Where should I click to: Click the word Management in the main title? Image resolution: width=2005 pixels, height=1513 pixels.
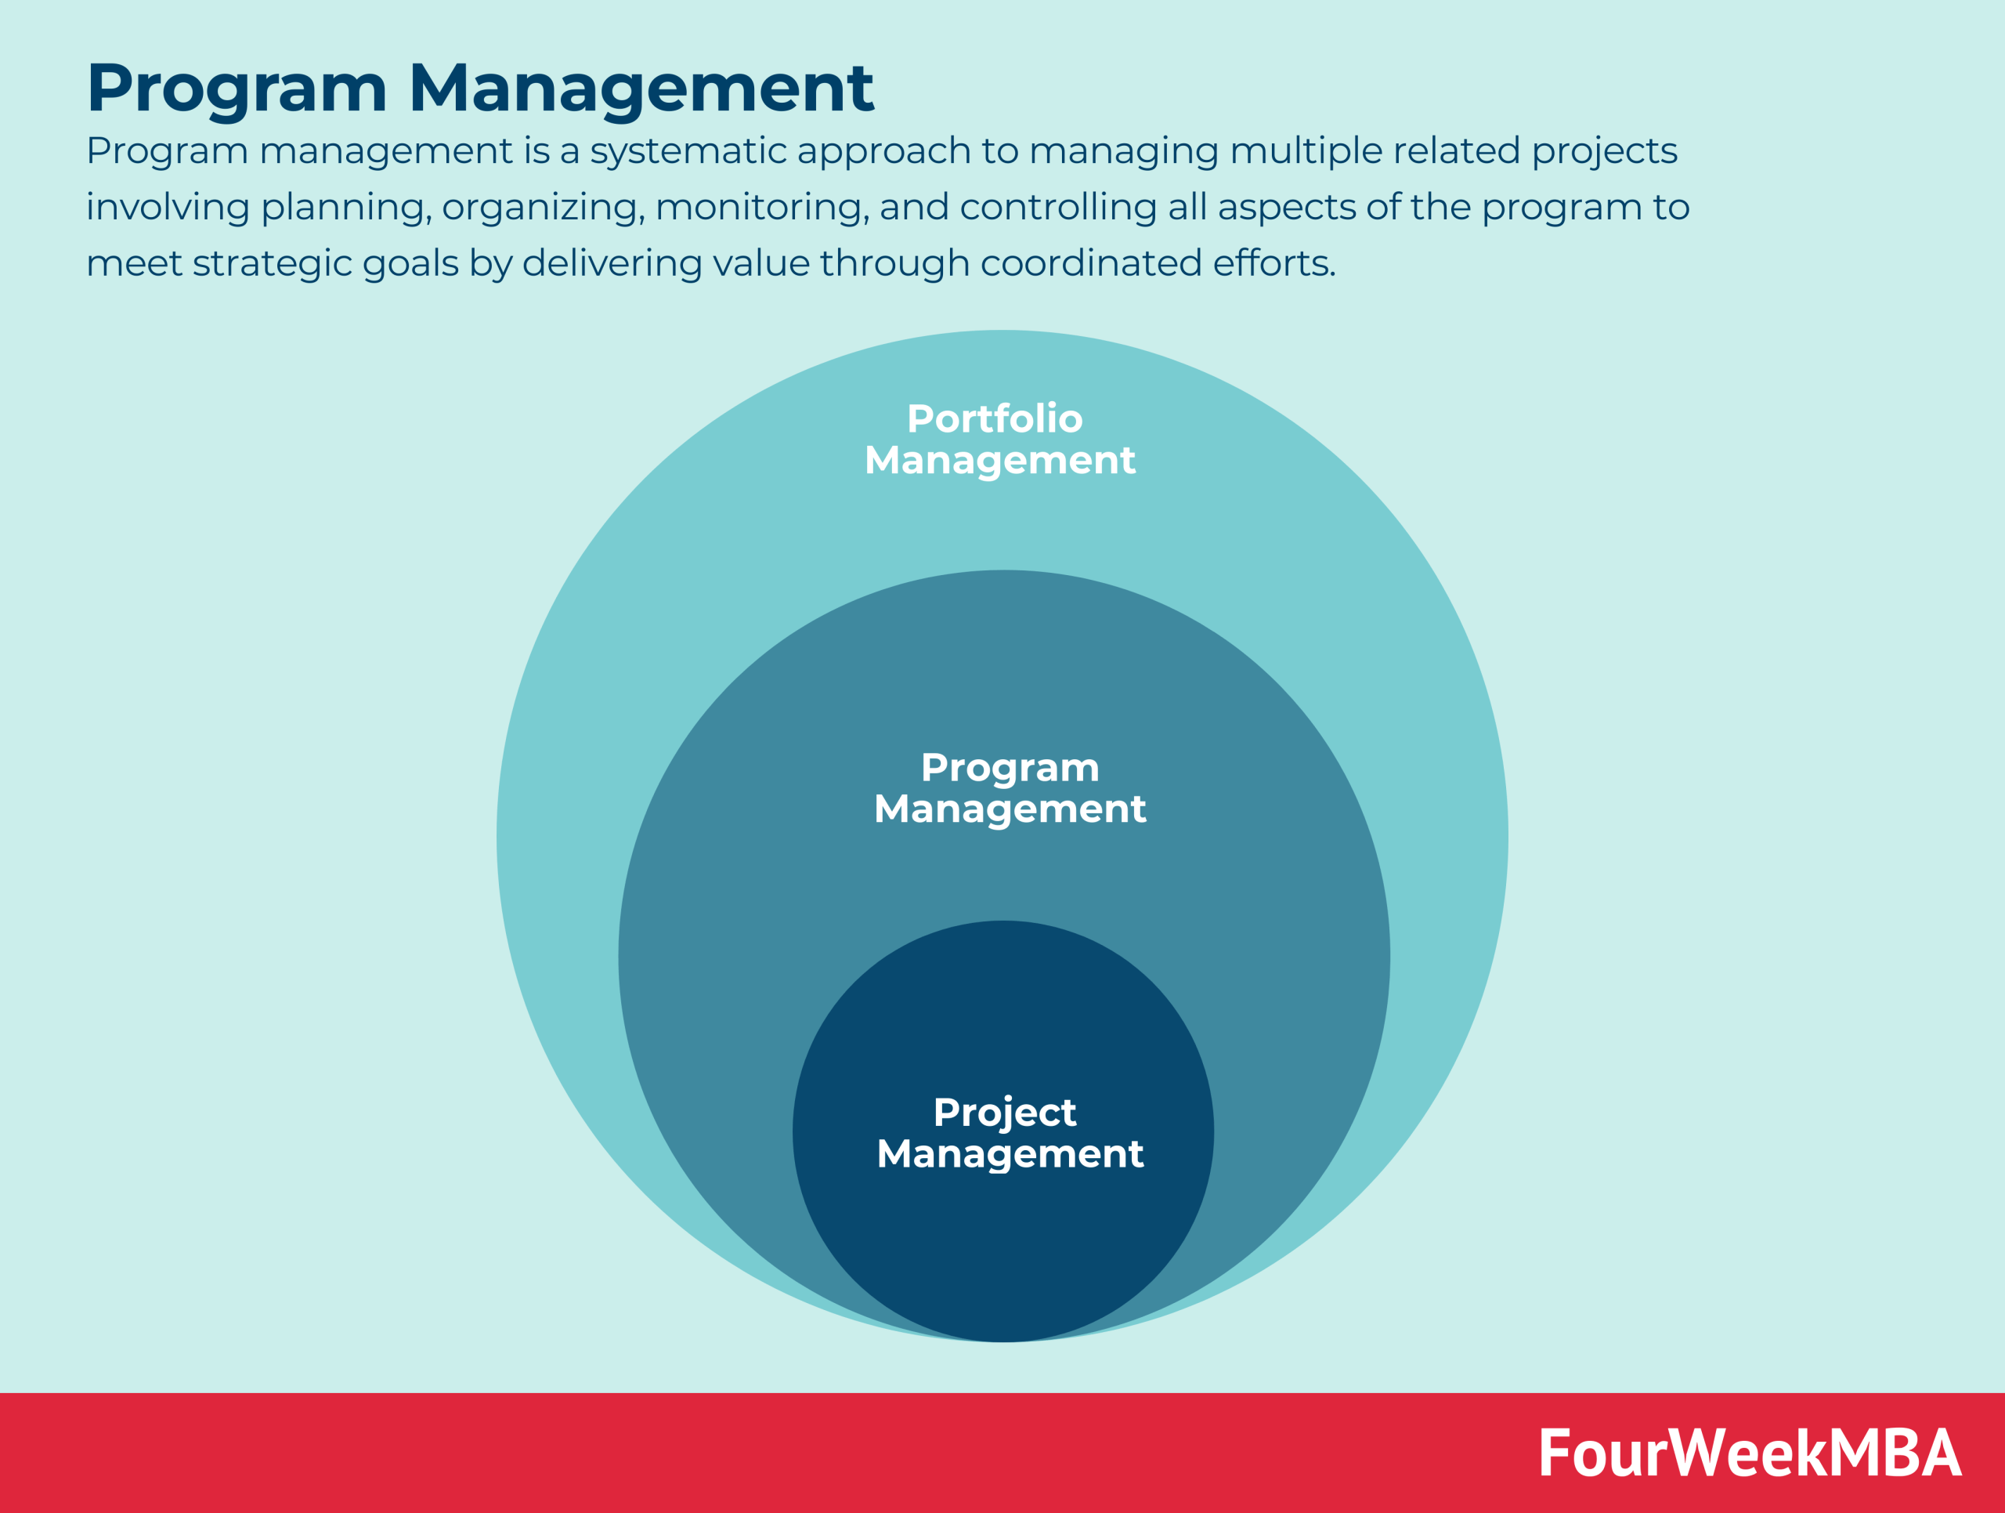(641, 89)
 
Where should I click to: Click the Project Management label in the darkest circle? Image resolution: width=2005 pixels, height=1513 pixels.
(1009, 1132)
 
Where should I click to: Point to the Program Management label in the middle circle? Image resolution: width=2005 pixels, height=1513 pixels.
(1009, 787)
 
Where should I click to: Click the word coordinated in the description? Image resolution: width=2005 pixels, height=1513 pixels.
(1090, 263)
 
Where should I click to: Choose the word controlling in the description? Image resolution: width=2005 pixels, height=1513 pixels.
(1057, 208)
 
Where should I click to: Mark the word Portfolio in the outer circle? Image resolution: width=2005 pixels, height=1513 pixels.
(995, 419)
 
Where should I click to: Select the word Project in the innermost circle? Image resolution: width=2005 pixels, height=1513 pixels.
(1004, 1113)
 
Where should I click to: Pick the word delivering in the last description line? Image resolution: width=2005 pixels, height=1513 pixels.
(612, 263)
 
